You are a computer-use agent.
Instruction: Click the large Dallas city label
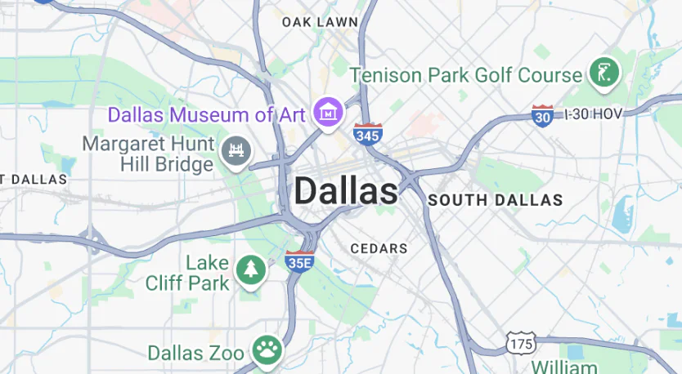[346, 192]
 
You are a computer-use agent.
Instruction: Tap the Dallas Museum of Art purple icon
[329, 113]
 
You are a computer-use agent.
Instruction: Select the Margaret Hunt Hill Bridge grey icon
[236, 150]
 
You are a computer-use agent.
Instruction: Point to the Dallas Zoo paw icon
[266, 351]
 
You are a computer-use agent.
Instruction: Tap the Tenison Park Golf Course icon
[605, 73]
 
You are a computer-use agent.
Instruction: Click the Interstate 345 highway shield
[367, 134]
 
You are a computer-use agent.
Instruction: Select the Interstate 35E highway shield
[298, 261]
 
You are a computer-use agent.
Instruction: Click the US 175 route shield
[520, 343]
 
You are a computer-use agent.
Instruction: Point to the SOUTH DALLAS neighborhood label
[496, 200]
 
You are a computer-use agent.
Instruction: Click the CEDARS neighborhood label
[379, 248]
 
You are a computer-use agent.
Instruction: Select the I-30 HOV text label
[594, 114]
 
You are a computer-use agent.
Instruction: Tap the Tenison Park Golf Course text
[466, 75]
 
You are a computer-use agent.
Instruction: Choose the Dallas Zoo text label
[195, 353]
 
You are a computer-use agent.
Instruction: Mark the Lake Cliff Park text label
[187, 274]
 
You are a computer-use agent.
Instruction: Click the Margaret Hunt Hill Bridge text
[149, 154]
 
